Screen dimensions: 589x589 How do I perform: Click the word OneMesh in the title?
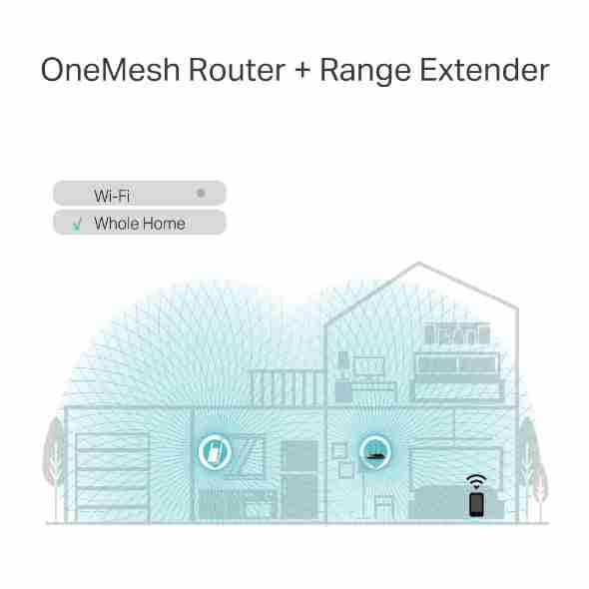tap(111, 70)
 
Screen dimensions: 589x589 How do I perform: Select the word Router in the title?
tap(237, 70)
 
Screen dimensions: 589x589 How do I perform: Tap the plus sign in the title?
tap(302, 70)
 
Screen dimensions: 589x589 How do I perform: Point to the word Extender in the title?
tap(484, 70)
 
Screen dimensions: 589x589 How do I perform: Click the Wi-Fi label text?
tap(112, 196)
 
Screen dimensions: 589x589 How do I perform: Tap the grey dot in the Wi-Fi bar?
tap(201, 193)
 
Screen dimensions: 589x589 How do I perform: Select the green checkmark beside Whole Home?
tap(77, 224)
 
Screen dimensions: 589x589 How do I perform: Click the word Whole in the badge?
tap(116, 224)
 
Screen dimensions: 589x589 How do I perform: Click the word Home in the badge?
tap(164, 224)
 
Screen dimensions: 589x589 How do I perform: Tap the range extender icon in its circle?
tap(215, 452)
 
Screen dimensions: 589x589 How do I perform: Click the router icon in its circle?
tap(375, 452)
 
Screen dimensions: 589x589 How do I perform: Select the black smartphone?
tap(476, 504)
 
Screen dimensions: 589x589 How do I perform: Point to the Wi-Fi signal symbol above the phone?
tap(476, 481)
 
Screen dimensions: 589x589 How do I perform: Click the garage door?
tap(113, 476)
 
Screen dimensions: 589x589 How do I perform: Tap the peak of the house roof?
tap(419, 263)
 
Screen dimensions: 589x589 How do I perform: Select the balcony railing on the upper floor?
tap(287, 388)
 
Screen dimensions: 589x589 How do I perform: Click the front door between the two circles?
tap(299, 480)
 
